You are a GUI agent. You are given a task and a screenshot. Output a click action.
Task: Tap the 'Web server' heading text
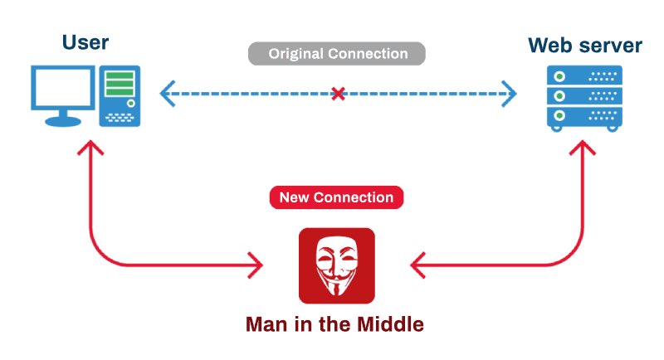(585, 45)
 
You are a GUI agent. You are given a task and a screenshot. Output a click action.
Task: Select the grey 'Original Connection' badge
(337, 55)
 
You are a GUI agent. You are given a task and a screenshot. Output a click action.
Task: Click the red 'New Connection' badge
(336, 197)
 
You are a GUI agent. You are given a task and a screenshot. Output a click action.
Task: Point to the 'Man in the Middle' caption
(335, 323)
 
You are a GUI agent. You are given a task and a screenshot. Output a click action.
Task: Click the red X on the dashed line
(338, 94)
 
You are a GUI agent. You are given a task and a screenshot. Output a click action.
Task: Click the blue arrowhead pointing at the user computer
(166, 94)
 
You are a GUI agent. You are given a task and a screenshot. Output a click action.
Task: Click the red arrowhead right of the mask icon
(417, 266)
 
